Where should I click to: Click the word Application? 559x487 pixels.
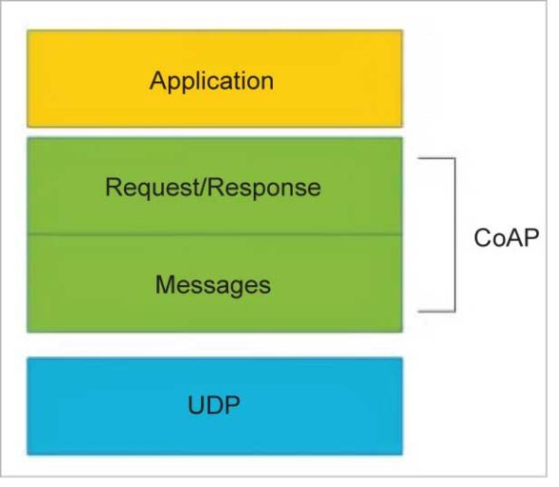(211, 80)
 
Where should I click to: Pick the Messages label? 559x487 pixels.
(213, 284)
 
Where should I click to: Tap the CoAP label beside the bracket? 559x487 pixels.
(506, 236)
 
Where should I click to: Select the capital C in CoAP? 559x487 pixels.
(481, 236)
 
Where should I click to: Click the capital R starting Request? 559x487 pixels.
(112, 188)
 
